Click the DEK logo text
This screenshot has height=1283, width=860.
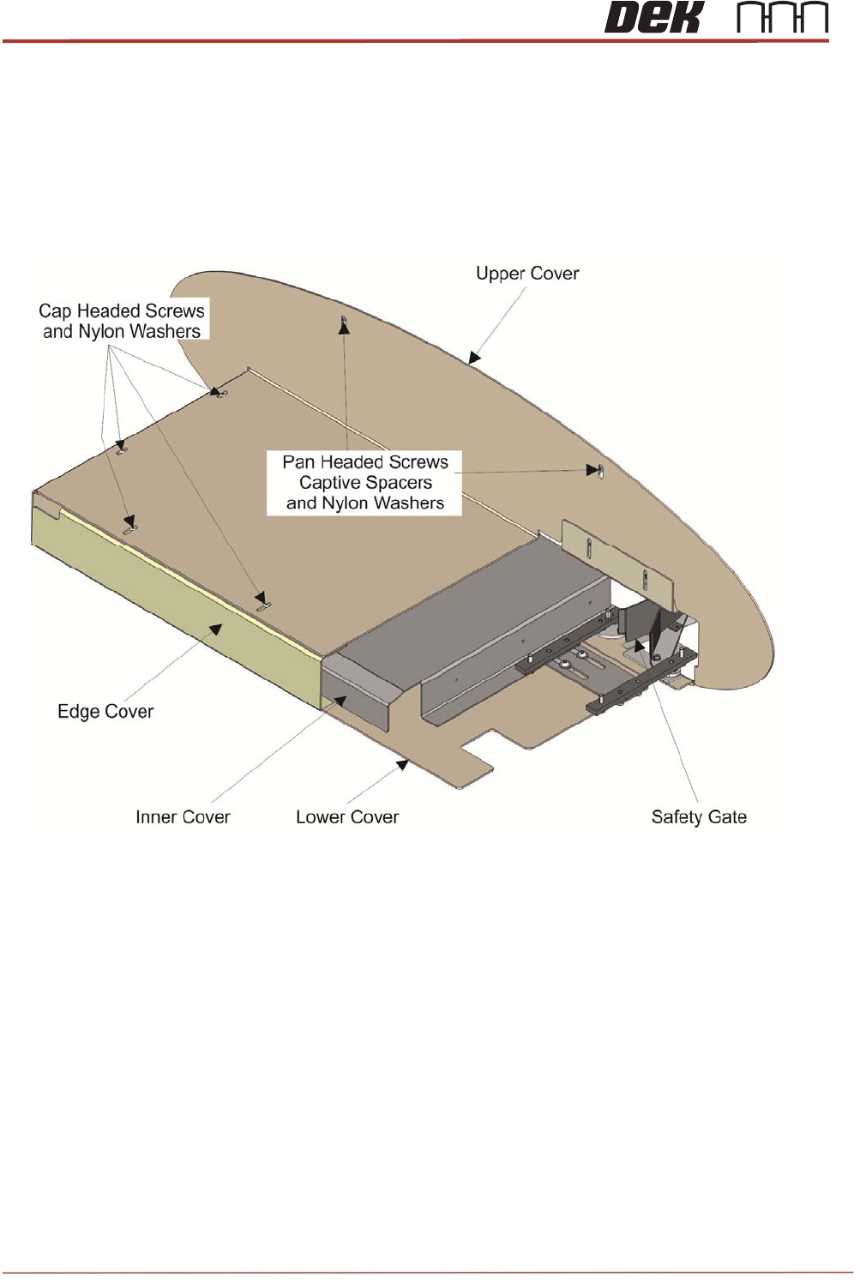click(x=653, y=18)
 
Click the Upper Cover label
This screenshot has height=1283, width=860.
click(x=527, y=274)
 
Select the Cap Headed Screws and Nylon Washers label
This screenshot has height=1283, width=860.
click(x=122, y=322)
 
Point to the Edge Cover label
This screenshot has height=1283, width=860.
click(x=105, y=712)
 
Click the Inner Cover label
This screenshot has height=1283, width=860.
click(x=183, y=817)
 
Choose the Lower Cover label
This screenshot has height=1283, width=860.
click(x=347, y=817)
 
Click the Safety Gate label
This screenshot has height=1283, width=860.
click(x=699, y=817)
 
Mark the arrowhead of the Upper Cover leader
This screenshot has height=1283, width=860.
click(x=473, y=358)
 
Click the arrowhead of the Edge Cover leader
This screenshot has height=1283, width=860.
click(x=217, y=629)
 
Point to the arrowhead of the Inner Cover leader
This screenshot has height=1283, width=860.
click(x=340, y=702)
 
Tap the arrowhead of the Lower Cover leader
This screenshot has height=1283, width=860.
click(x=402, y=763)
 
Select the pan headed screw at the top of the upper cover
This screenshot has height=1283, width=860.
click(x=344, y=322)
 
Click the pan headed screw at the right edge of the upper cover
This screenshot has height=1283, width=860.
click(x=600, y=470)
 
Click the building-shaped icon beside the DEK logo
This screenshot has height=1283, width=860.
click(x=783, y=18)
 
